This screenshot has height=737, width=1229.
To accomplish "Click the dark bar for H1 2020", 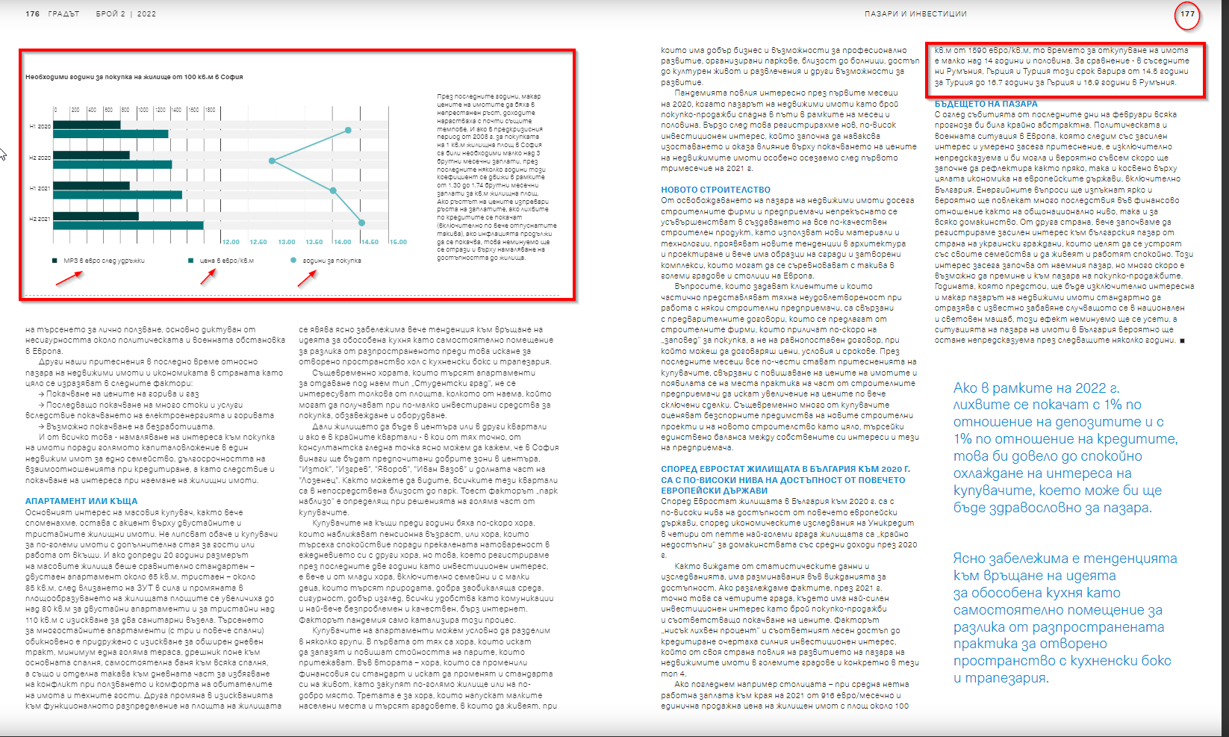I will tap(87, 125).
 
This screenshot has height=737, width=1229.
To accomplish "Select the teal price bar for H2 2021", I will tap(128, 226).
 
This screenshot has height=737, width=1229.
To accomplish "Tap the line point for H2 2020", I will tap(273, 161).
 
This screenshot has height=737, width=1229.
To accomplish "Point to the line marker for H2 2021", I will tap(362, 223).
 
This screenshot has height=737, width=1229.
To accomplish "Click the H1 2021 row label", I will tap(40, 188).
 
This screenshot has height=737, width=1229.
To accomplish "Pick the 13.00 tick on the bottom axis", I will tap(287, 242).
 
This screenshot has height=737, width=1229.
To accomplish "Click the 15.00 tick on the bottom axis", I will tap(398, 242).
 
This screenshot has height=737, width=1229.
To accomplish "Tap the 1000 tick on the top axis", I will tap(143, 110).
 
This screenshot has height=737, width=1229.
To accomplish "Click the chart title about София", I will tap(134, 77).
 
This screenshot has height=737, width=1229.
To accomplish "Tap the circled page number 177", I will tap(1187, 14).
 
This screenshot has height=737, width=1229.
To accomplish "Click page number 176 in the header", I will tap(33, 14).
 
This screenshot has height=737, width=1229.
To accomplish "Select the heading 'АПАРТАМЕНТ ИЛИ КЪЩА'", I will tap(81, 501).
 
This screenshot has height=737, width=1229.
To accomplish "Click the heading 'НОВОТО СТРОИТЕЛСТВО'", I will tap(715, 190).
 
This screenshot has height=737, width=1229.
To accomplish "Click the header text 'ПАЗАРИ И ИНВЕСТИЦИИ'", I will tap(915, 14).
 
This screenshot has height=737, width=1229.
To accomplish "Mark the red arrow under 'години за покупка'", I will tap(306, 277).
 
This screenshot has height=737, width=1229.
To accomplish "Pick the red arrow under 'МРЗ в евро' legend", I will tap(69, 278).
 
